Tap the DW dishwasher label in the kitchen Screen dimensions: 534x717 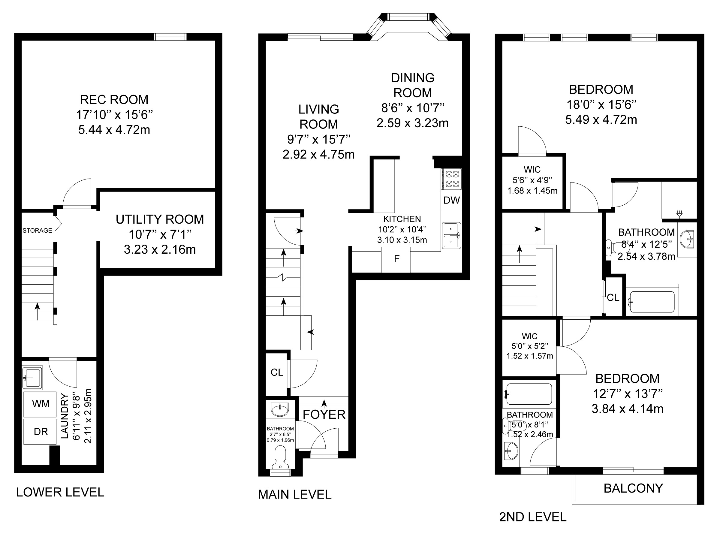pyautogui.click(x=451, y=201)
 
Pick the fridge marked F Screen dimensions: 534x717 pyautogui.click(x=396, y=259)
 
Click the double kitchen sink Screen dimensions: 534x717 pyautogui.click(x=451, y=235)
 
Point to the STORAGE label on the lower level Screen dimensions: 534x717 pyautogui.click(x=37, y=231)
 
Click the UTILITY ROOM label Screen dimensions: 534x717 pyautogui.click(x=160, y=219)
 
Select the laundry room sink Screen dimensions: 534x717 pyautogui.click(x=32, y=378)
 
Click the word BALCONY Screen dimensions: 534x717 pyautogui.click(x=633, y=488)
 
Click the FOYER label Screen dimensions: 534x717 pyautogui.click(x=324, y=415)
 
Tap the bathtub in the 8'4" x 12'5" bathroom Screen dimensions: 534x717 pyautogui.click(x=652, y=302)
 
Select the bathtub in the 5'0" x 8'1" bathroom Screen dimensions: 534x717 pyautogui.click(x=529, y=394)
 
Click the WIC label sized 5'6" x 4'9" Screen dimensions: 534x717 pyautogui.click(x=532, y=169)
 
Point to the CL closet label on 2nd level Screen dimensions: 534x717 pyautogui.click(x=613, y=297)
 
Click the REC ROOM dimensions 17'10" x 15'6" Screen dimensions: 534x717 pyautogui.click(x=114, y=115)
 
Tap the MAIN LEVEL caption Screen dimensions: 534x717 pyautogui.click(x=294, y=495)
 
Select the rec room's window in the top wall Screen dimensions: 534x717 pyautogui.click(x=170, y=37)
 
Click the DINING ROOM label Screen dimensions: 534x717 pyautogui.click(x=413, y=85)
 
